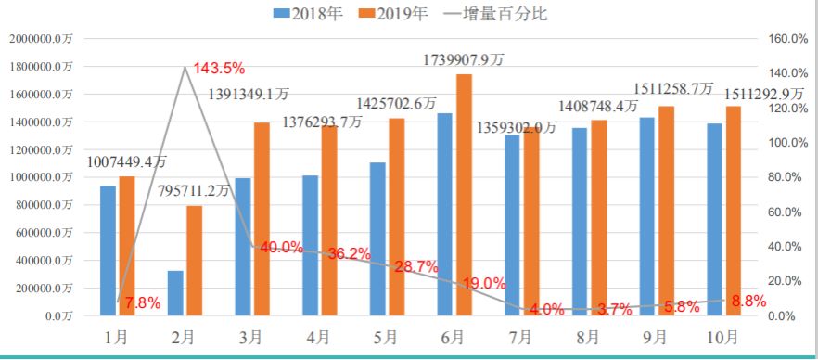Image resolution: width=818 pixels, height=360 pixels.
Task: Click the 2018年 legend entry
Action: point(313,13)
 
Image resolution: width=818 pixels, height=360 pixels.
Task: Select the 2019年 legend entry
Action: point(397,13)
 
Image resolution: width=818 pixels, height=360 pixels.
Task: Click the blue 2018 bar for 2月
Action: point(176,292)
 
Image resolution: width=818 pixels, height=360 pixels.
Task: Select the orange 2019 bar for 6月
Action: point(464,194)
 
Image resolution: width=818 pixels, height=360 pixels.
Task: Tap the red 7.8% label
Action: point(143,302)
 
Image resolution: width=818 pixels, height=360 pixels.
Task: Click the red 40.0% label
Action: point(281,247)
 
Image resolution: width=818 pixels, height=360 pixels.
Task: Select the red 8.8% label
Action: point(748,301)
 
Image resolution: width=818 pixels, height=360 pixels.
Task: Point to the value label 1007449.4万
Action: point(127,161)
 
